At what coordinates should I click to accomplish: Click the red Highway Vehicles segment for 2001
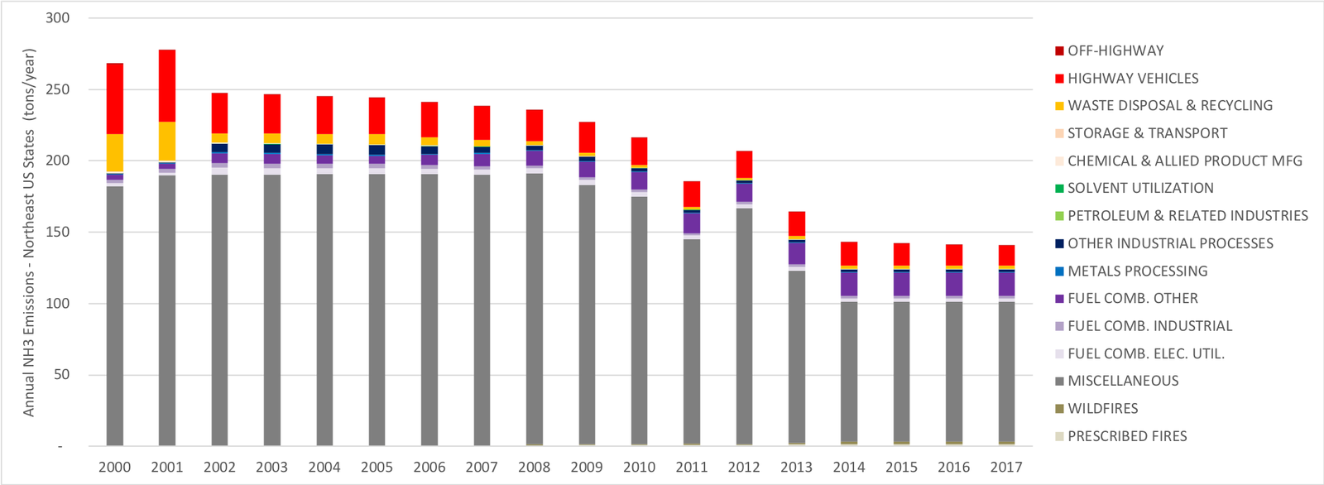coord(167,86)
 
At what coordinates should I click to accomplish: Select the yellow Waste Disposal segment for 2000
coord(115,153)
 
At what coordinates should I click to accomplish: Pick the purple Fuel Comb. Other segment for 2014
coord(849,284)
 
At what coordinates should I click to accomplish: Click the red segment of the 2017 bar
coord(1006,255)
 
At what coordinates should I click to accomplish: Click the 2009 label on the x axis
coord(587,467)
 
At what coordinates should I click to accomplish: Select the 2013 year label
coord(796,467)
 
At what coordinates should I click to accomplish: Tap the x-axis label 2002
coord(219,467)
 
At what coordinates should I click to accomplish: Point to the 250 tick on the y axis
coord(57,89)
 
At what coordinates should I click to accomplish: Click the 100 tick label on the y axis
coord(57,304)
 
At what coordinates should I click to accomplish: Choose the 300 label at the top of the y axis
coord(57,18)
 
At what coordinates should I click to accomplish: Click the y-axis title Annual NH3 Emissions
coord(29,232)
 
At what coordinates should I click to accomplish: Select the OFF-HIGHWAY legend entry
coord(1115,50)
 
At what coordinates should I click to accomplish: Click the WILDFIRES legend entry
coord(1102,409)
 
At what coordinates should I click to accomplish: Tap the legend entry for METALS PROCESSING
coord(1137,271)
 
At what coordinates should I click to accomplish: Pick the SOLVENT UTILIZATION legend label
coord(1140,189)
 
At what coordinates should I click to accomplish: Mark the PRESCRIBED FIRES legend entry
coord(1127,436)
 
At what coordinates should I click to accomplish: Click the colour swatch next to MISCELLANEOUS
coord(1059,382)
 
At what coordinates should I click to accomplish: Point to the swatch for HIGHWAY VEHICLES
coord(1059,79)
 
